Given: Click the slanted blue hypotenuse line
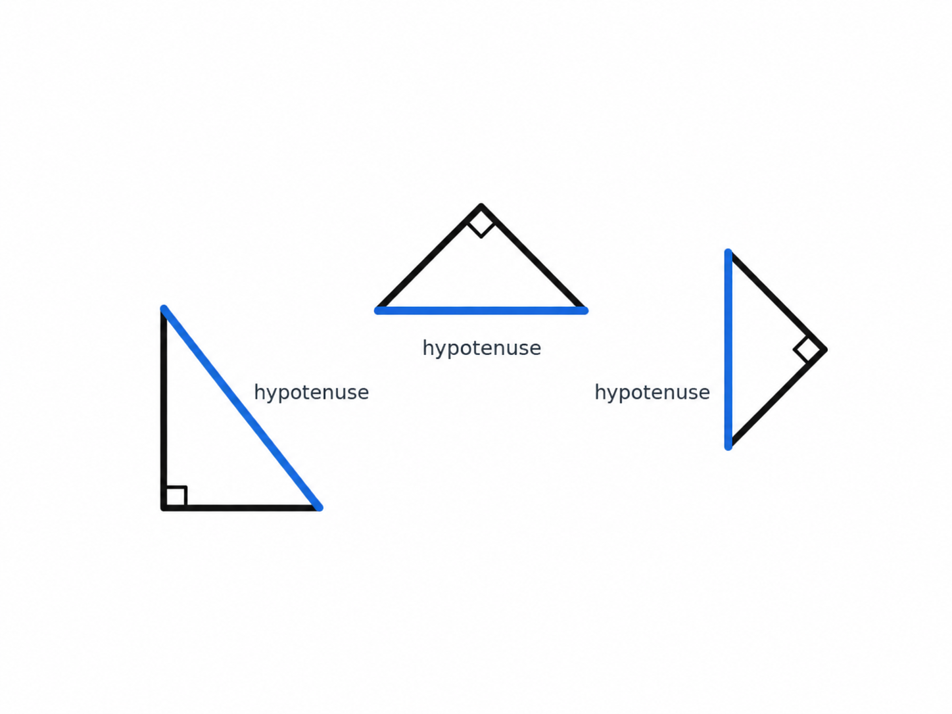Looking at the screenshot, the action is point(242,408).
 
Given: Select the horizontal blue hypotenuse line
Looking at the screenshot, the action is point(481,310).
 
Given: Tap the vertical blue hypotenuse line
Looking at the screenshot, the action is point(728,349).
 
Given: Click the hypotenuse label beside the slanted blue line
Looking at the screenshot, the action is point(312,393).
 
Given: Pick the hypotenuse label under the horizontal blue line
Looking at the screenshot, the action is point(481,348).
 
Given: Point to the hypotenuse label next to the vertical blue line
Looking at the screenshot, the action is point(652,393).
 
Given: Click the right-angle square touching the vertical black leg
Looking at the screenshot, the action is point(176,496).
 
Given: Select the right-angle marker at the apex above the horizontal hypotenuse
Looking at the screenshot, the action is point(481,224).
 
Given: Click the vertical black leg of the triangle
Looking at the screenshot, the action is point(164,408).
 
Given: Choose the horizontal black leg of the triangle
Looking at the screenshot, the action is point(241,508).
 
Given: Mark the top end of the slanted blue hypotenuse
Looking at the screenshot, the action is point(164,308).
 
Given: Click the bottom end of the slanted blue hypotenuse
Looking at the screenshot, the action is point(320,508).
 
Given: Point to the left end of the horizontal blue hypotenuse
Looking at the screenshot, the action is point(378,310).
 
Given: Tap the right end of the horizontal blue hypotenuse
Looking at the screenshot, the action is point(584,310).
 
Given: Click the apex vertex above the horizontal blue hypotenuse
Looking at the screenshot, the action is point(481,206).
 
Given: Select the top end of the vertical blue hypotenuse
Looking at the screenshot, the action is point(728,252).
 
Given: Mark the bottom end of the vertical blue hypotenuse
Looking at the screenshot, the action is point(728,446).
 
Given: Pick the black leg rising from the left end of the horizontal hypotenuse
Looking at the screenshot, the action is point(429,258).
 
